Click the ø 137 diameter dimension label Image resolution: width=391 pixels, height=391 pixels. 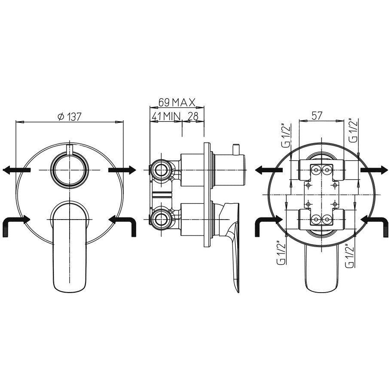[69, 116]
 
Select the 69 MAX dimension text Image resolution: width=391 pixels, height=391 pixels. [177, 102]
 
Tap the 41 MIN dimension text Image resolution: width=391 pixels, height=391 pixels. [165, 116]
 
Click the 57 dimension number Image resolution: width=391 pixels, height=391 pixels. [317, 116]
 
